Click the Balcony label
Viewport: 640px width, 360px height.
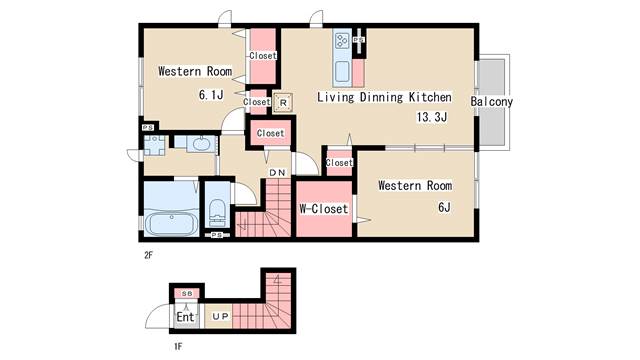pos(491,101)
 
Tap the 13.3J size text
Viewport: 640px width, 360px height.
pos(432,117)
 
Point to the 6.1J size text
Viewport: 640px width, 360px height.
pos(211,95)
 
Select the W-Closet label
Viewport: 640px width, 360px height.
pos(324,209)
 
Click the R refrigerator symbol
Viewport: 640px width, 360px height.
pos(283,103)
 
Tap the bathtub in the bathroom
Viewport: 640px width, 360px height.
pos(171,224)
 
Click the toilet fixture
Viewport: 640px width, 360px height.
pos(217,212)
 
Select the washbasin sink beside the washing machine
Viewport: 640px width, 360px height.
pos(200,144)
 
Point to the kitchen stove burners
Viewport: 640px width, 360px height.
pos(342,41)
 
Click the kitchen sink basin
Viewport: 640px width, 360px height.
pos(342,71)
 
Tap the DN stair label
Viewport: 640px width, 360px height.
pos(277,173)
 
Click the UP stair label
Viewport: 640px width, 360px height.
pos(220,316)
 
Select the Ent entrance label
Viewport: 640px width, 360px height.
pos(185,317)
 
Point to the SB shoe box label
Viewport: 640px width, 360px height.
pos(187,293)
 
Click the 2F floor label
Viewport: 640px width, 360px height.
pos(148,256)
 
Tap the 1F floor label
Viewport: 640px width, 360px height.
pos(178,347)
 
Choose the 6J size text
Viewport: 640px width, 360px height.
pos(444,207)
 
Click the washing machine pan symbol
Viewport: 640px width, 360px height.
pos(154,145)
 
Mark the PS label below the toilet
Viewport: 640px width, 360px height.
pos(217,235)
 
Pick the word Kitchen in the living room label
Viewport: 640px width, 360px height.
pos(430,97)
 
